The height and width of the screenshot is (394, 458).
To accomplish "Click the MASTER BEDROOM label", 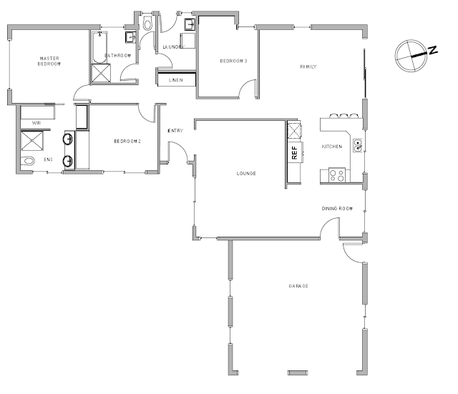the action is (49, 61).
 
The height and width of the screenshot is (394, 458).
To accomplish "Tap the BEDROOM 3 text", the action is (233, 61).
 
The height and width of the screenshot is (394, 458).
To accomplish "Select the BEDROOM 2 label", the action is (127, 142).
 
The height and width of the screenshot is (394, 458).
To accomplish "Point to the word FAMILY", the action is (308, 67).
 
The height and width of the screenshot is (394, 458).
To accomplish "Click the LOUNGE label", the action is (246, 173).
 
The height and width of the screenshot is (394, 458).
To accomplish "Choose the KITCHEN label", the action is (332, 147).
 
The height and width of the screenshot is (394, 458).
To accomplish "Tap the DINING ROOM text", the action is (337, 209).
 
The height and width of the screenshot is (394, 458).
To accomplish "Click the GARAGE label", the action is (298, 286).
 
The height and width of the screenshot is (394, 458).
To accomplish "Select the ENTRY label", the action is (175, 131).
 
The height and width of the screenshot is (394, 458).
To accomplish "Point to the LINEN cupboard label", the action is (176, 80).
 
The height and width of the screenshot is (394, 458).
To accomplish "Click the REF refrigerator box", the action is (295, 152).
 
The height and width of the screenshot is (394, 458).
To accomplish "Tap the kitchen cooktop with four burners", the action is (337, 175).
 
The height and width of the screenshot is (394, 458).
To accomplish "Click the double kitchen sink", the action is (358, 145).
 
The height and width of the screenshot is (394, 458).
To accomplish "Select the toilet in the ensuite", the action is (28, 161).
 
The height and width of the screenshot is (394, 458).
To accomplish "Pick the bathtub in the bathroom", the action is (99, 47).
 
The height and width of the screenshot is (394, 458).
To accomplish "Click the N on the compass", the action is (433, 50).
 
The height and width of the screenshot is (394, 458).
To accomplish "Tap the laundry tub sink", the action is (190, 24).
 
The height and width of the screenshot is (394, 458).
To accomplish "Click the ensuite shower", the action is (32, 141).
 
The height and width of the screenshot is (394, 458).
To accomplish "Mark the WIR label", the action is (36, 123).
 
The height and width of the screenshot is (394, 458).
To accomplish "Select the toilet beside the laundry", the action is (147, 24).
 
